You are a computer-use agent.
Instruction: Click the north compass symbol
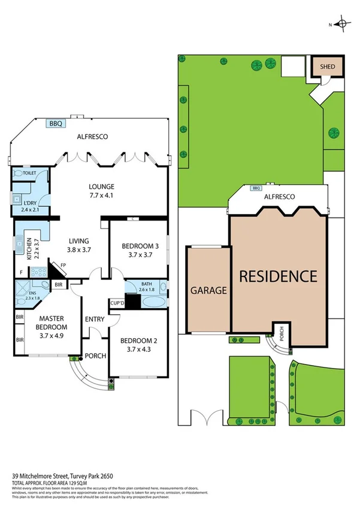(342, 25)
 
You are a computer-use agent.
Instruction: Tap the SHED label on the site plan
(328, 67)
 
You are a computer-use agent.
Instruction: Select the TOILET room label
(30, 173)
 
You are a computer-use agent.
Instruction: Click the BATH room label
(147, 284)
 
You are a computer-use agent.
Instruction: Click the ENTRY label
(95, 318)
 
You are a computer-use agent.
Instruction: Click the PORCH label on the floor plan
(95, 356)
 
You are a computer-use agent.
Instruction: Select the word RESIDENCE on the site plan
(278, 276)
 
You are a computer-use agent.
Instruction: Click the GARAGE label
(208, 291)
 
